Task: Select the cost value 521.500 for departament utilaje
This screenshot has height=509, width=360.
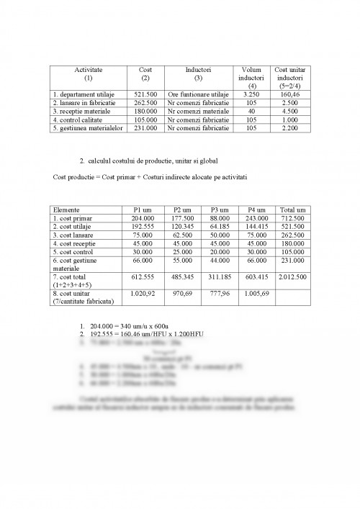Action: (x=145, y=94)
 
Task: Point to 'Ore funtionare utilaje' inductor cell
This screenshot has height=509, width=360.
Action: (x=198, y=94)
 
